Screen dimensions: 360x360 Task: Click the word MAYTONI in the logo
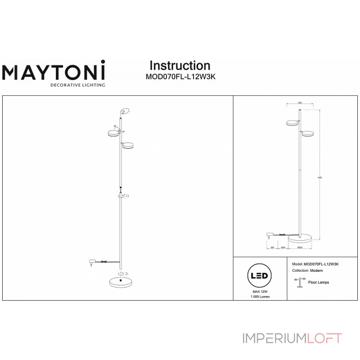pos(54,72)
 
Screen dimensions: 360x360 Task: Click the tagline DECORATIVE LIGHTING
pos(77,85)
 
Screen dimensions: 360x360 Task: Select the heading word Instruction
pos(180,66)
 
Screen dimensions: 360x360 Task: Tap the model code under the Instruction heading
pos(181,77)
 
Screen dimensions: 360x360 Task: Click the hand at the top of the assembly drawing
pos(125,111)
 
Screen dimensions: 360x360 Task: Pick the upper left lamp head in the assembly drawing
pos(112,132)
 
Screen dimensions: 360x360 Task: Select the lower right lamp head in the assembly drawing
pos(129,145)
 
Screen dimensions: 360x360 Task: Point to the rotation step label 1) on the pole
pos(127,196)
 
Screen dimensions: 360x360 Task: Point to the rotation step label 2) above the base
pos(127,273)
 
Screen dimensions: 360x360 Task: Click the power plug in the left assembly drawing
pos(93,262)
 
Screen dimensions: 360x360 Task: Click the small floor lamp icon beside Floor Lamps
pos(297,282)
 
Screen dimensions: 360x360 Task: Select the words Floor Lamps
pos(319,283)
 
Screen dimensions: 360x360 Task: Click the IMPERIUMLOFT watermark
pos(292,338)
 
